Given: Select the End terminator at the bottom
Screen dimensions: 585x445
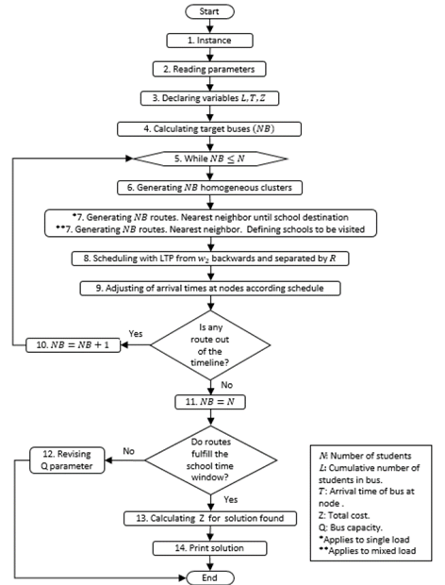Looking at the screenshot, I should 211,575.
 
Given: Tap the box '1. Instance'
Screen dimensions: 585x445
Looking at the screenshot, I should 211,42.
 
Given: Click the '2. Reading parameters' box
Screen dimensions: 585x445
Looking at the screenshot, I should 211,70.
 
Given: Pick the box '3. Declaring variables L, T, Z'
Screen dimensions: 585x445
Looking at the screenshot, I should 211,98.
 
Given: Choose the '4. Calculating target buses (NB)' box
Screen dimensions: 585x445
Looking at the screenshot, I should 211,127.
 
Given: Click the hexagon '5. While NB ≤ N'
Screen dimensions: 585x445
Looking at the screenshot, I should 211,158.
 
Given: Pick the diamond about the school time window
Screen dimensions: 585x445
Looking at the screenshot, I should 211,454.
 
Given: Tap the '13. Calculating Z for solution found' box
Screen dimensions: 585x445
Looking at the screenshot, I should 211,518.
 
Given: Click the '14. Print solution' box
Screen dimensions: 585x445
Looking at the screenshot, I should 211,547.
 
